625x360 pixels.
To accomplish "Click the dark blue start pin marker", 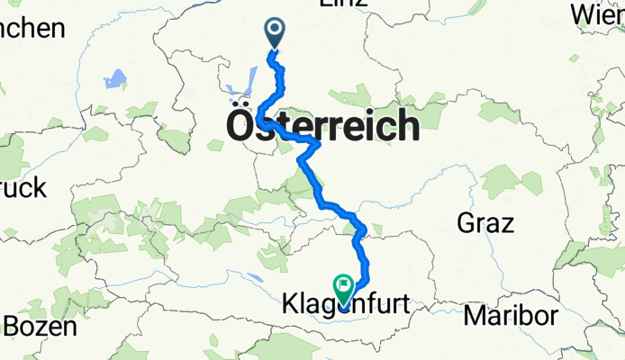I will point(275,33).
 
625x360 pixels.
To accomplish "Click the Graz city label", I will point(485,222).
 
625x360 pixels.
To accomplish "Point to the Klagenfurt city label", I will point(349,307).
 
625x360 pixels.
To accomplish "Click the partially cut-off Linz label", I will point(343,4).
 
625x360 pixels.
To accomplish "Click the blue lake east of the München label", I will point(114,80).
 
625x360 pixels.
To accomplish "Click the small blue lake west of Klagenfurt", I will point(257,280).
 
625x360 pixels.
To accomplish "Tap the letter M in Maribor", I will point(476,317).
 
